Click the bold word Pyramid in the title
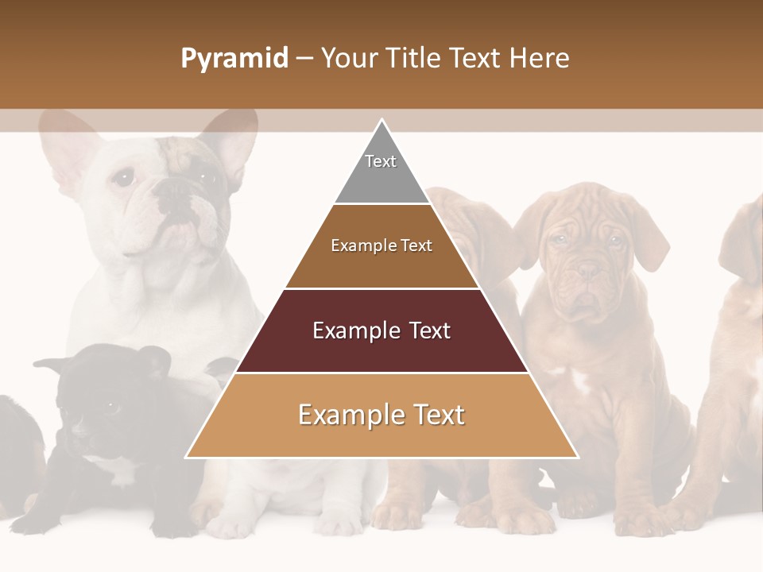(x=234, y=59)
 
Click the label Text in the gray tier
(x=380, y=161)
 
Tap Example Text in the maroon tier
(x=381, y=330)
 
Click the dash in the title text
(x=304, y=59)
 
